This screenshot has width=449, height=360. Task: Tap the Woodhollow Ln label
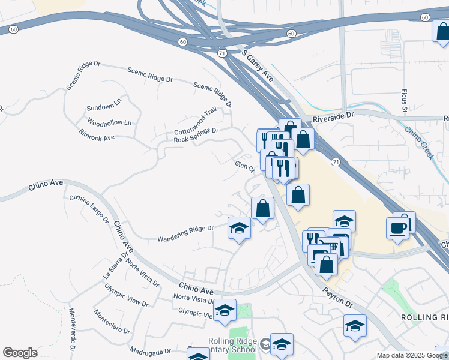(x=109, y=122)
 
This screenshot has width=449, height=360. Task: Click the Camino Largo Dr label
(x=88, y=208)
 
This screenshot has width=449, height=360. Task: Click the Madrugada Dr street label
(x=151, y=352)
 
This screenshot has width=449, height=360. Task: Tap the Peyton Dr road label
(x=339, y=296)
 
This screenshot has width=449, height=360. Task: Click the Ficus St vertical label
(x=405, y=100)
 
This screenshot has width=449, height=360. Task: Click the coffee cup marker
(x=397, y=227)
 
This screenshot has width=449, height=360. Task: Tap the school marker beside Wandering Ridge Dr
(x=238, y=228)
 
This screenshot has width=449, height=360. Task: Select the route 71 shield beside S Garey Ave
(x=222, y=53)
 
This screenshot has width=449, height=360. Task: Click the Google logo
(x=20, y=353)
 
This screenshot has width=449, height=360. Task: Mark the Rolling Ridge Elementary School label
(x=233, y=346)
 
